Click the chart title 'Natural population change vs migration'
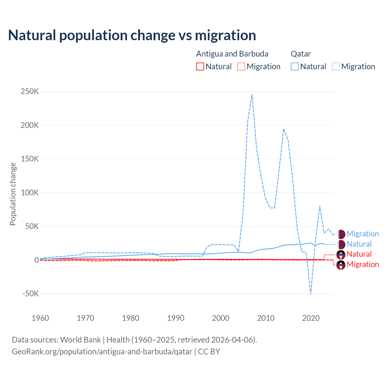click(132, 35)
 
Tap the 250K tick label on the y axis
click(30, 91)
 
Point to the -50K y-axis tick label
click(31, 294)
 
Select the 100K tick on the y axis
click(30, 193)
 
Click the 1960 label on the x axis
click(40, 318)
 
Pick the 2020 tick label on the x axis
click(311, 318)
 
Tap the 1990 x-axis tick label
click(176, 318)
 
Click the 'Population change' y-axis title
click(13, 194)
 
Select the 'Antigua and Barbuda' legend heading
click(232, 54)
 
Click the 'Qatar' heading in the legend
click(301, 54)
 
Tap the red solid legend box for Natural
click(200, 67)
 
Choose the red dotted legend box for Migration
click(241, 67)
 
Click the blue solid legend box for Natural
click(295, 67)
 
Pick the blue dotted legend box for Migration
click(336, 67)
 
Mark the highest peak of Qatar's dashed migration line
click(252, 94)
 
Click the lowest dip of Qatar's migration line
click(311, 293)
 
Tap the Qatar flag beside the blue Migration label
click(341, 234)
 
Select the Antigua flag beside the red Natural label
click(341, 254)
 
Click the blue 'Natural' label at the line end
click(359, 244)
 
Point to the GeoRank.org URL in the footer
click(102, 352)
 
